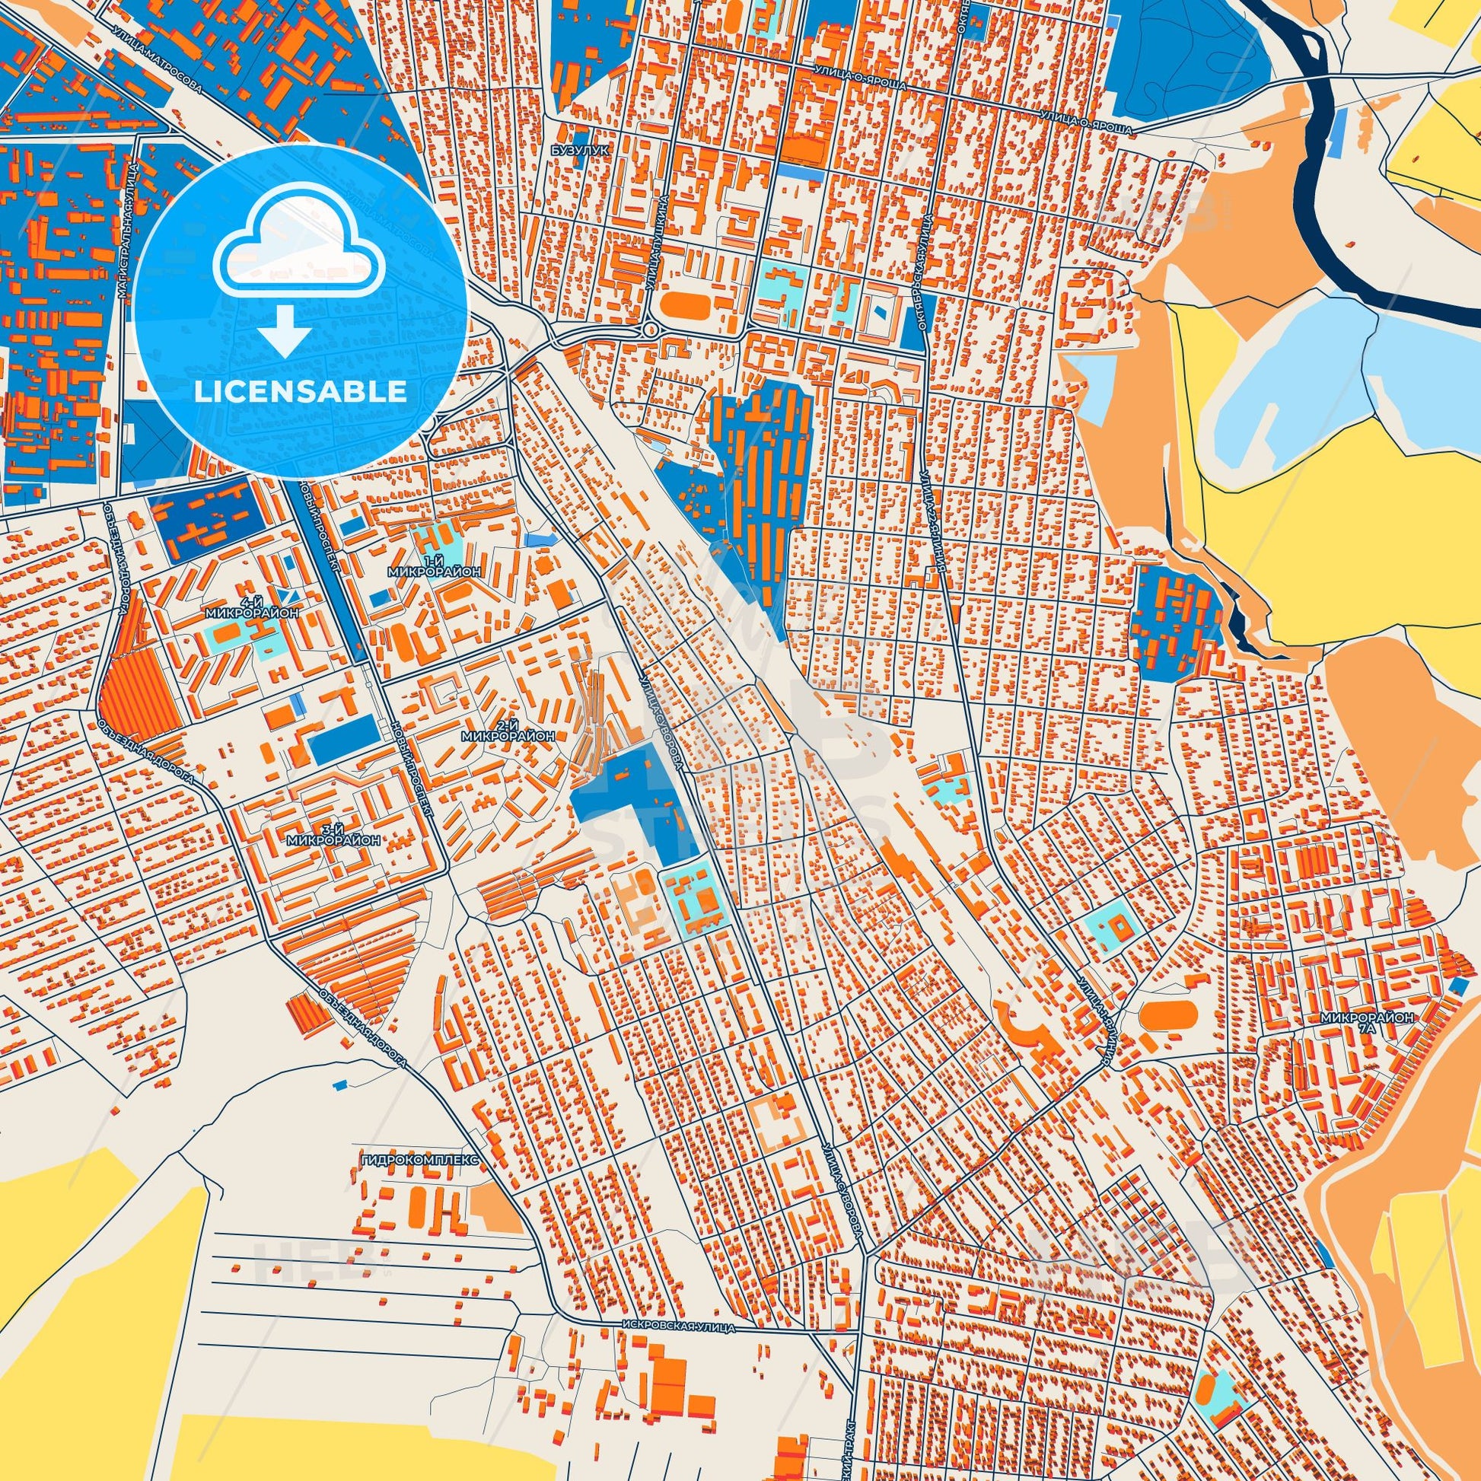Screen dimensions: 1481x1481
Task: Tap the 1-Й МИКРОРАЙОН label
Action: tap(435, 566)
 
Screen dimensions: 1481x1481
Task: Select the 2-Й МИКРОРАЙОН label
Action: tap(508, 730)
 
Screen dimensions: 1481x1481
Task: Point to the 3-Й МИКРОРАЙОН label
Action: tap(333, 835)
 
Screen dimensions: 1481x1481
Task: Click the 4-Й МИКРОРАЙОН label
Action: tap(251, 608)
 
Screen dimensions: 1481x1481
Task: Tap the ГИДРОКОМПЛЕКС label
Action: tap(419, 1181)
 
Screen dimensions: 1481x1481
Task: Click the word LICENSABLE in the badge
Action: tap(300, 392)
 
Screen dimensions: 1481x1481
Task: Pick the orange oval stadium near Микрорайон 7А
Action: tap(1168, 1016)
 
